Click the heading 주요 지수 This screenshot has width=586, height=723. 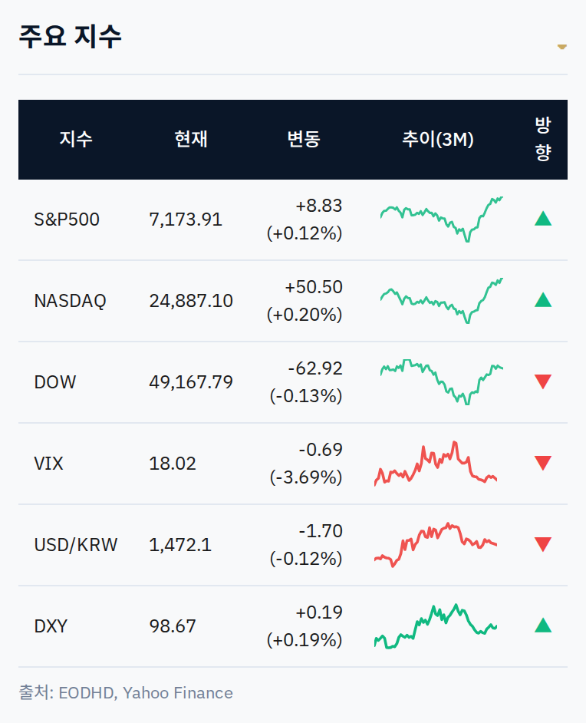(x=70, y=36)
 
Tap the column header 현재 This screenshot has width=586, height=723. (x=191, y=139)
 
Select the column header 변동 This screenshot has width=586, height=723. (x=304, y=139)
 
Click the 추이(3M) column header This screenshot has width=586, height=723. (x=438, y=139)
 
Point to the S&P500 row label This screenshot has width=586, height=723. (x=67, y=220)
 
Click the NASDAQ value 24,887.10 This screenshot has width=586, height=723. (x=191, y=301)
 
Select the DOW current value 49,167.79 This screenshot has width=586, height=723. (x=191, y=382)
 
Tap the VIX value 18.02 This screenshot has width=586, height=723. (x=173, y=464)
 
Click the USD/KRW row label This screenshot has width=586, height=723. (x=76, y=545)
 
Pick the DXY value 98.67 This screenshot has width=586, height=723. (x=173, y=626)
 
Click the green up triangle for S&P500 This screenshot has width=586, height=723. (x=543, y=219)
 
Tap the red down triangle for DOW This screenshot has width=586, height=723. (x=543, y=381)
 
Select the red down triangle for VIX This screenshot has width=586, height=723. (x=543, y=463)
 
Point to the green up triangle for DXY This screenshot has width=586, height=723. (x=543, y=626)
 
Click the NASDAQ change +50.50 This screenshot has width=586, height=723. (x=314, y=287)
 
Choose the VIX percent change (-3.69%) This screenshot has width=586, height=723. (x=306, y=477)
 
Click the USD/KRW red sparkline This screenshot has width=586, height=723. (x=436, y=545)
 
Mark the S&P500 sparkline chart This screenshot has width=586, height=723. (x=441, y=220)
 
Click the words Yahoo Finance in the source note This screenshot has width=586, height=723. (x=178, y=693)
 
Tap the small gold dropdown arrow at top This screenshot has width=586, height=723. (x=562, y=47)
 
